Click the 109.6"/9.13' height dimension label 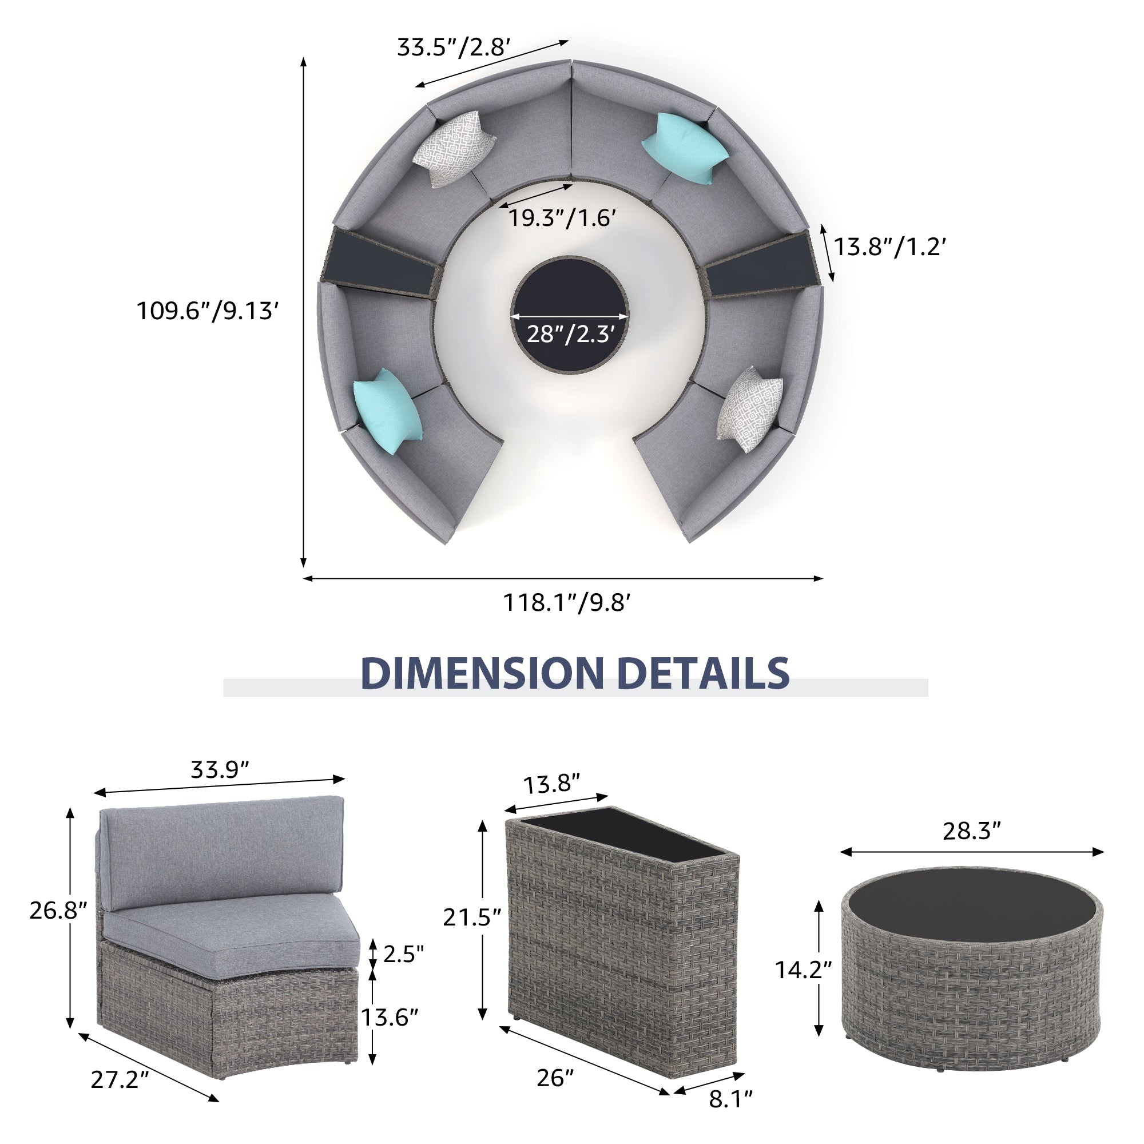pos(207,311)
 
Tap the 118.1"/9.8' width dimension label pos(567,603)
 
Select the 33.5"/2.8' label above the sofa pos(454,47)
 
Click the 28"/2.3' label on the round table pos(570,335)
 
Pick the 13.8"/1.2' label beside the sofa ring pos(890,247)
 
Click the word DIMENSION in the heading pos(483,673)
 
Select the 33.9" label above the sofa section pos(220,770)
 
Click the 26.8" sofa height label pos(58,911)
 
